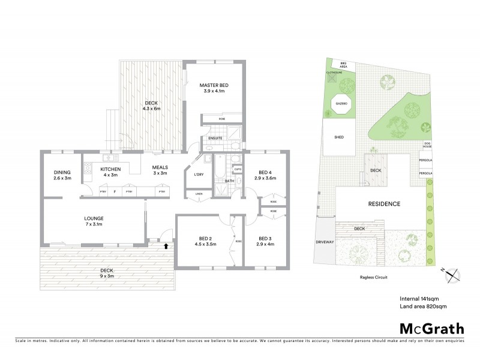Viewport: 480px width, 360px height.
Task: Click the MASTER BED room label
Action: point(214,89)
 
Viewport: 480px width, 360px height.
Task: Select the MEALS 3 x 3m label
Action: point(160,170)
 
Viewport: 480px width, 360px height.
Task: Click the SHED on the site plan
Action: point(338,137)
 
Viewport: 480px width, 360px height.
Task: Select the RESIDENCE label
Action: point(383,204)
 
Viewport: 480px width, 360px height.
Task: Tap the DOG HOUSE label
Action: point(427,145)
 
